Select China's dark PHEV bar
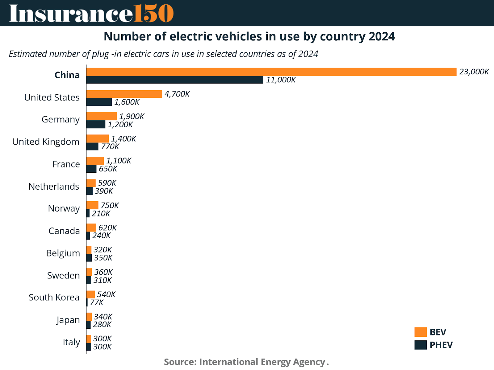[x=175, y=80]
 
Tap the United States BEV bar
[x=124, y=94]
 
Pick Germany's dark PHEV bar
[x=96, y=125]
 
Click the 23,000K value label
[x=474, y=72]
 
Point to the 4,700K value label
[x=177, y=94]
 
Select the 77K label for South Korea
[x=97, y=302]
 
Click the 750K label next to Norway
[x=110, y=205]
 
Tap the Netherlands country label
[x=54, y=187]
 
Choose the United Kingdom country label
[x=46, y=142]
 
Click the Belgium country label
[x=63, y=253]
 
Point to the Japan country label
[x=68, y=320]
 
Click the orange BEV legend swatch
[x=421, y=332]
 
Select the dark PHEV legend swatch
[x=421, y=345]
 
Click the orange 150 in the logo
[x=153, y=13]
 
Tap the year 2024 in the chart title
[x=382, y=37]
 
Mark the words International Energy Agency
[x=262, y=362]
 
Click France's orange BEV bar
[x=95, y=161]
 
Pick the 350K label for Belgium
[x=103, y=258]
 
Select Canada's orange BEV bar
[x=91, y=228]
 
